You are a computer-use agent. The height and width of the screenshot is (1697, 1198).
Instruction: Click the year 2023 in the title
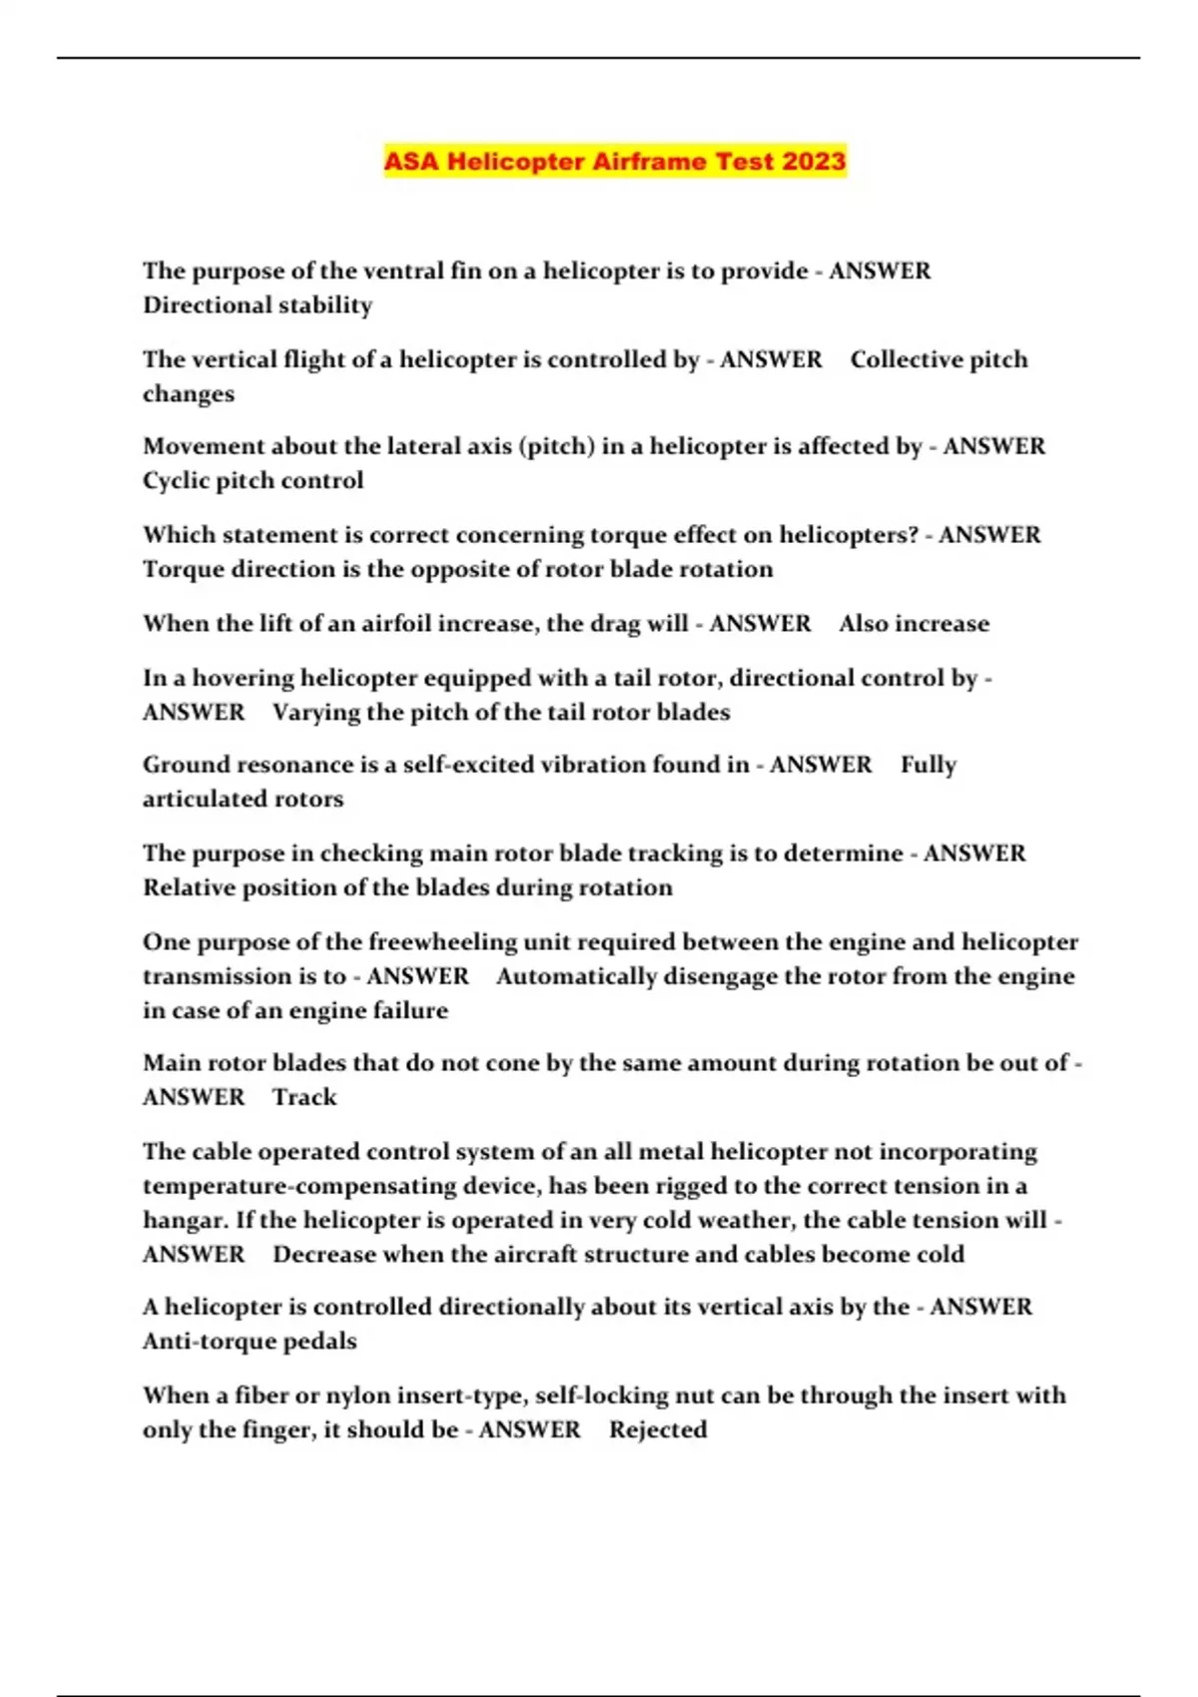point(814,161)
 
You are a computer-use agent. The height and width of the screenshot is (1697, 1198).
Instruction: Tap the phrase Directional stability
point(258,304)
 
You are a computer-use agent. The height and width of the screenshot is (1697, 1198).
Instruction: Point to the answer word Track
point(304,1097)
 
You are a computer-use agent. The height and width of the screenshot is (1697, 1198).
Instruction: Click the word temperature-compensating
point(299,1186)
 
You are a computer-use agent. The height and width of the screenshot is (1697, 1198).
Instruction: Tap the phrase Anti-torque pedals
point(250,1341)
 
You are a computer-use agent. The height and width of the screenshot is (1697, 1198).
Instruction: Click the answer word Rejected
point(658,1429)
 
